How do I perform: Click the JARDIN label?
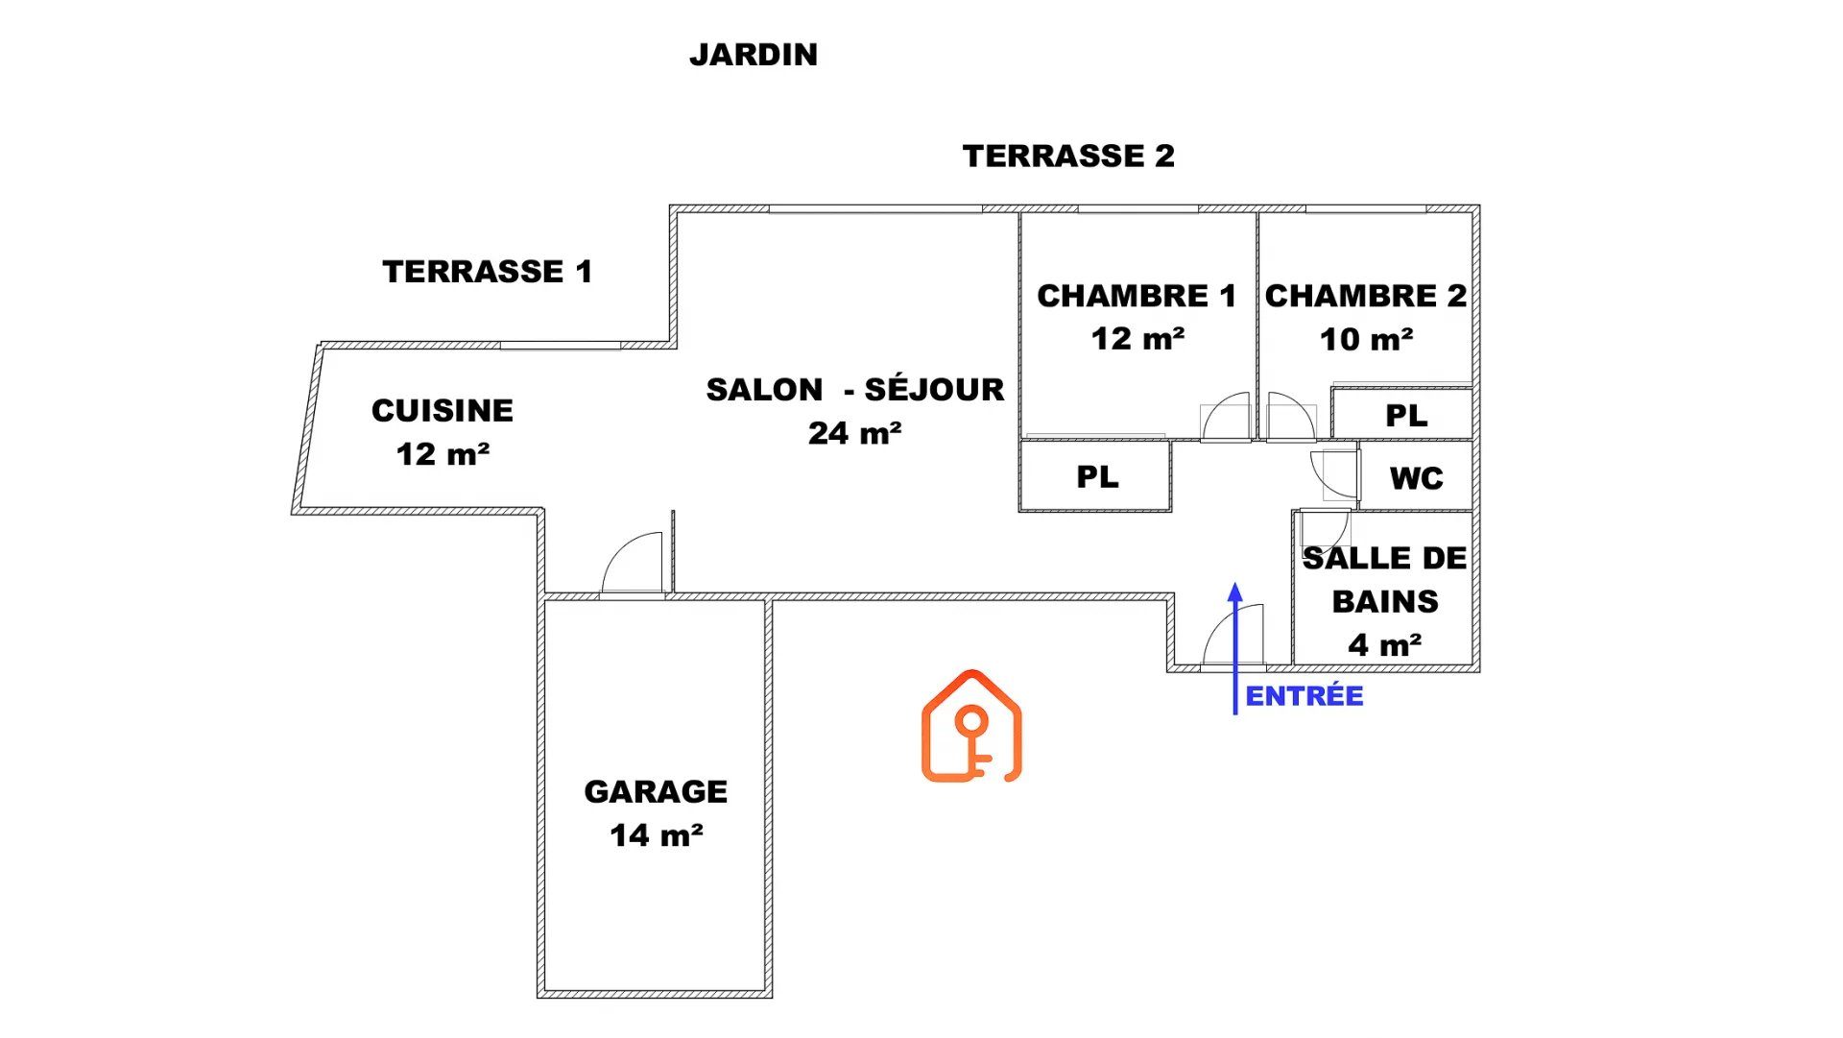(754, 55)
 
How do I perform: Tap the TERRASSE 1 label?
(488, 272)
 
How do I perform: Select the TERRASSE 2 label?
(1068, 156)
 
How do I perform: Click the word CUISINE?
(443, 411)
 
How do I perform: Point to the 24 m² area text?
(854, 433)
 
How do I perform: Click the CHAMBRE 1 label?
(1137, 296)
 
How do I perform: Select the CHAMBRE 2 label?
(1366, 296)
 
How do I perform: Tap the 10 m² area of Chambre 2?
(1366, 339)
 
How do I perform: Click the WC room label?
(1417, 478)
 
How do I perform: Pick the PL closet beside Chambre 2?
(1406, 416)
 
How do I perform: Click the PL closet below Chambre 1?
(1097, 477)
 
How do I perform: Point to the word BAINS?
(1385, 601)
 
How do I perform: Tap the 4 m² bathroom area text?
(1385, 644)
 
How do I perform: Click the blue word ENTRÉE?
(1304, 696)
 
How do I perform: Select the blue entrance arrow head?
(1235, 591)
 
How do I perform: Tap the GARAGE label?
(656, 792)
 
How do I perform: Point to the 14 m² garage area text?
(656, 835)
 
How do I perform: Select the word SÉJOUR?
(934, 389)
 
